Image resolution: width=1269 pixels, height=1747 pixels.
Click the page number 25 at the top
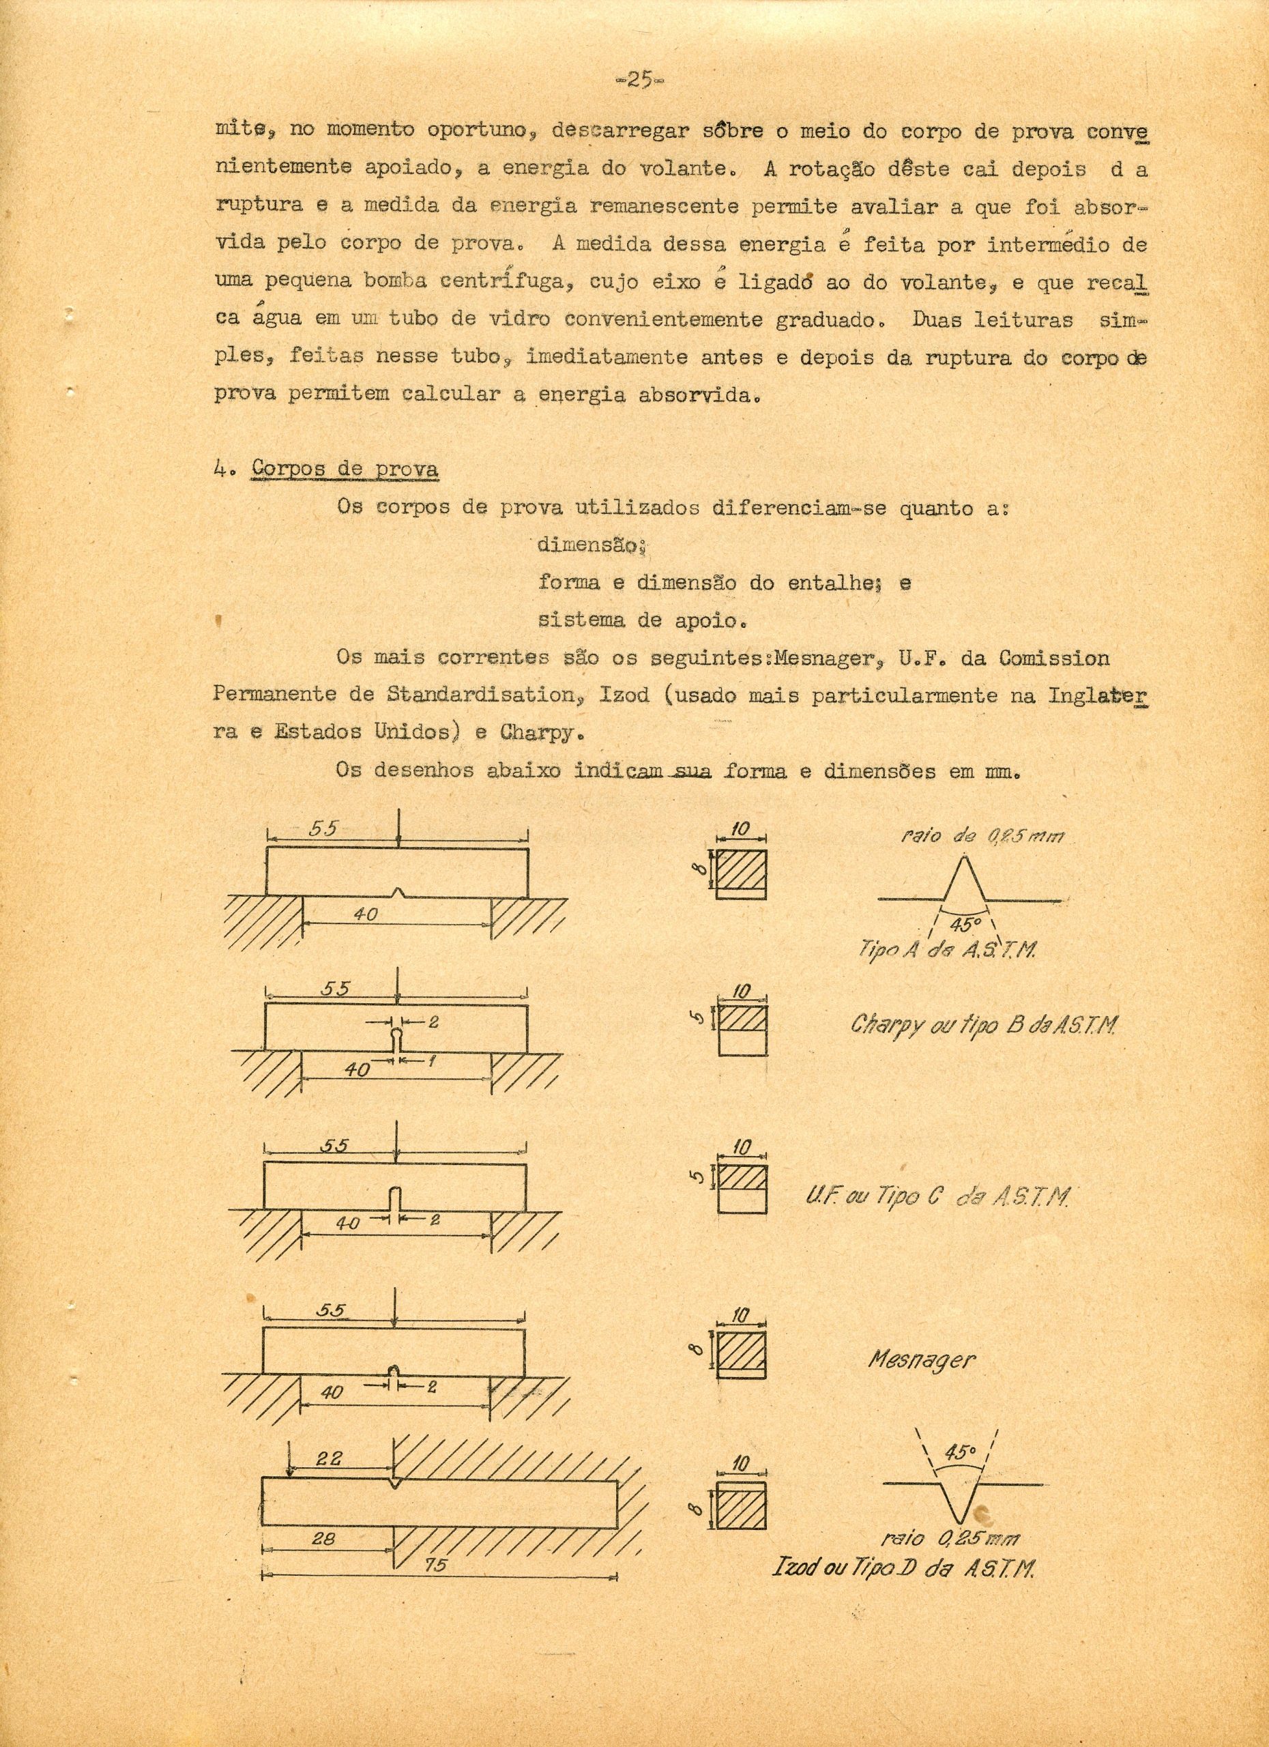(x=640, y=80)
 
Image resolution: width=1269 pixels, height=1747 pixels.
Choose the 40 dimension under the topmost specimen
(x=365, y=914)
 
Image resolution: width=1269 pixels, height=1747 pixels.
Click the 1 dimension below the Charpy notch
(x=432, y=1060)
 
